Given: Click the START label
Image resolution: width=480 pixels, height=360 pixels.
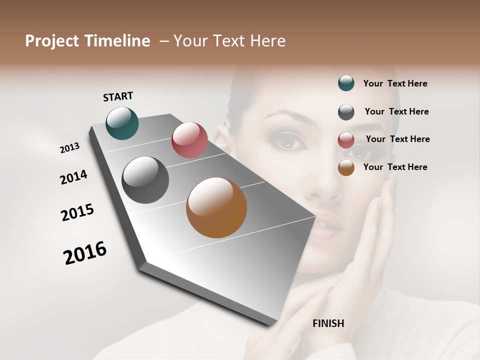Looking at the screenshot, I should [118, 96].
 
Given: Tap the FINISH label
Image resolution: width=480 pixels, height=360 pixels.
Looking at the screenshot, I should [328, 323].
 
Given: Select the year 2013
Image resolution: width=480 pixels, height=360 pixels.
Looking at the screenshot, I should [69, 148].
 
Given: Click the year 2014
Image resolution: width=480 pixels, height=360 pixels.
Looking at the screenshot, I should [73, 177].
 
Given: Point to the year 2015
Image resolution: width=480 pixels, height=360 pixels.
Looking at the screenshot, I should [77, 212].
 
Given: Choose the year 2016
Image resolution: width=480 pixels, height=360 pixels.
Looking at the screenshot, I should [85, 252].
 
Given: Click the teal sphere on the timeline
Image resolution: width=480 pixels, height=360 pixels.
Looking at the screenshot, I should [122, 123].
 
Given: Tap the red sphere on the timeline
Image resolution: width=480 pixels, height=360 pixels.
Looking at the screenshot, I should [189, 140].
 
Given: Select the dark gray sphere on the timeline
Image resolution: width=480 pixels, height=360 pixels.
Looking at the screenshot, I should [145, 180].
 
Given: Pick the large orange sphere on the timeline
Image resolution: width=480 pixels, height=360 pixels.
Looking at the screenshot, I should [216, 207].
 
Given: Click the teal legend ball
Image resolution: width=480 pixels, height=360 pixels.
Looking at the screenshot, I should [346, 83].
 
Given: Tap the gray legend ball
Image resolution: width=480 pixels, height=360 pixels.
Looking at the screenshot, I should [346, 112].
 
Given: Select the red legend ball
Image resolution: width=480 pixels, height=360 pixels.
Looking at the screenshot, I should [346, 140].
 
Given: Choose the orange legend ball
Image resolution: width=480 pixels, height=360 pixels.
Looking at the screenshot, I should [346, 167].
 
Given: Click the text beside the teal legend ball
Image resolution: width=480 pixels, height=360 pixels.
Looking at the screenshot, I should [395, 83].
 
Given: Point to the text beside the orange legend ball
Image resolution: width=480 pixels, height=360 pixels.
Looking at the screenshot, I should [395, 167].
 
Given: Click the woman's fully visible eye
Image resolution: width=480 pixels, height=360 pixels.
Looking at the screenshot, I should [287, 142].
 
